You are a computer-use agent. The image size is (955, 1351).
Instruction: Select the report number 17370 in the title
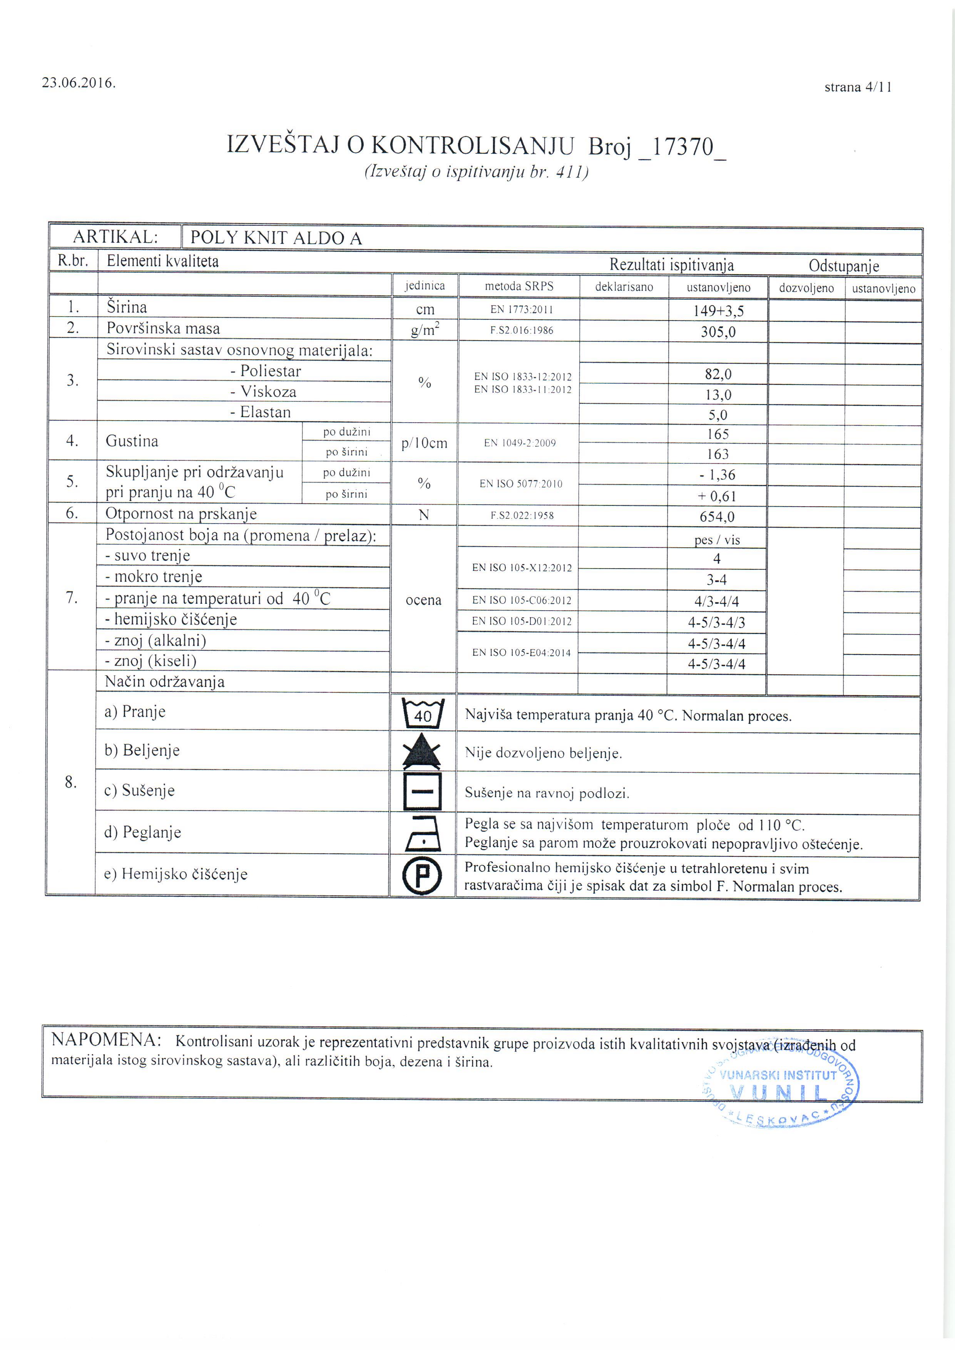point(682,146)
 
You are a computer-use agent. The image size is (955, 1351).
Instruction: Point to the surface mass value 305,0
point(718,332)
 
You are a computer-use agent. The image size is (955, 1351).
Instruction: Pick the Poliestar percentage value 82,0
point(718,374)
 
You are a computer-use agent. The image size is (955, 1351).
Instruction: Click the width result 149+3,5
point(718,310)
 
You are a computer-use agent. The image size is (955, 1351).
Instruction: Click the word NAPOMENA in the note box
point(106,1040)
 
